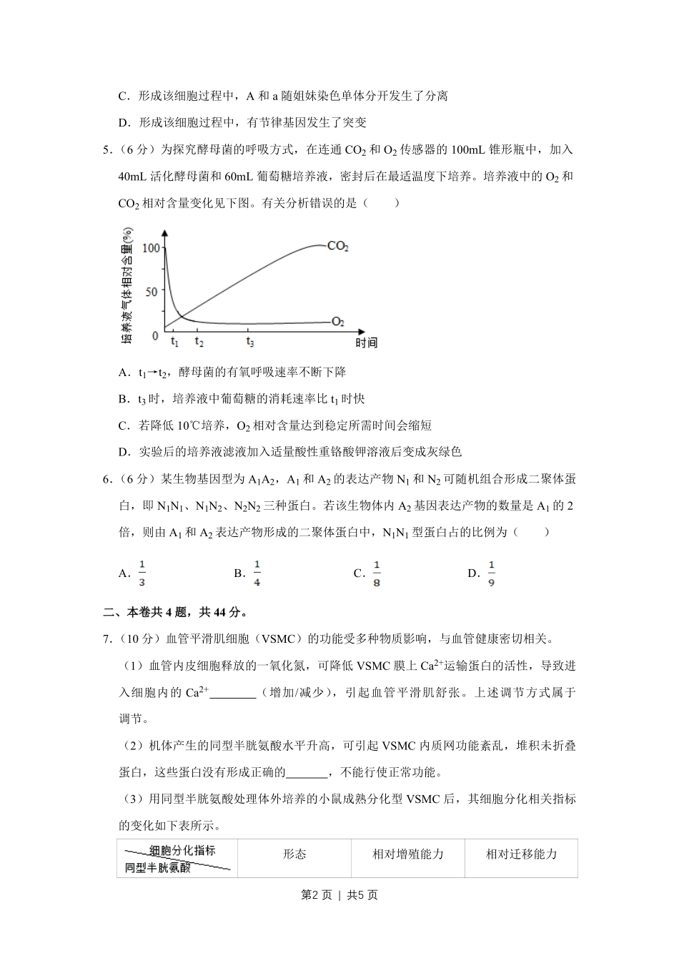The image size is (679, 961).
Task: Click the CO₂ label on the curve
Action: [x=337, y=246]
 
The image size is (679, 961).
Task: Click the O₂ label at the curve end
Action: [x=337, y=322]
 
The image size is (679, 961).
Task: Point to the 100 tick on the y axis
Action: [x=151, y=247]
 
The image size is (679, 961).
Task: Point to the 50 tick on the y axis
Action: [x=150, y=291]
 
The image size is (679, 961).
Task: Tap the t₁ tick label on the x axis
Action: [x=175, y=342]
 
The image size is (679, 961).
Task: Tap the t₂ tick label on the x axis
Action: [x=199, y=342]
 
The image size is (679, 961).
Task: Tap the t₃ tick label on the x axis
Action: [x=249, y=342]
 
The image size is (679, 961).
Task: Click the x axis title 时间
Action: [x=366, y=343]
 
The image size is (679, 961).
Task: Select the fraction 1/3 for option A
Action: [x=142, y=573]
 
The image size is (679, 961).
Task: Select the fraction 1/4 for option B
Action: [x=257, y=573]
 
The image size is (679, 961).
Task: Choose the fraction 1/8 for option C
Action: [x=377, y=573]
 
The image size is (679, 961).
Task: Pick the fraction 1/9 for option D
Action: [x=492, y=573]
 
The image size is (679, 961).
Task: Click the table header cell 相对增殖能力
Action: [x=407, y=854]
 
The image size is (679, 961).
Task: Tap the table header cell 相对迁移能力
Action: [x=521, y=854]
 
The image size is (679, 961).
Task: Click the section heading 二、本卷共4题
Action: [x=176, y=612]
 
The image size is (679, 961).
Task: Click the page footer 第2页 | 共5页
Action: [x=339, y=895]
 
